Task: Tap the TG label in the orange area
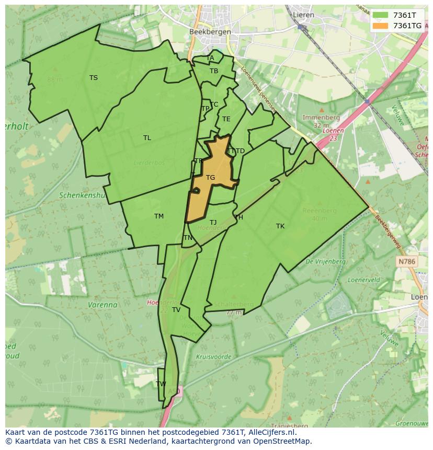pos(210,178)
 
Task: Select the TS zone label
pos(93,78)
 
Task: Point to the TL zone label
pos(147,138)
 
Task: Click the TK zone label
pos(280,226)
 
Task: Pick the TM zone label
pos(159,216)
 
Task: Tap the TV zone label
pos(176,310)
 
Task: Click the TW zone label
pos(161,384)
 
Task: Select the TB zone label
pos(214,71)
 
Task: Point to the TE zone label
pos(226,119)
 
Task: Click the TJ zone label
pos(213,223)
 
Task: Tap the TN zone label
pos(188,238)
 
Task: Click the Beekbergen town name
pos(209,31)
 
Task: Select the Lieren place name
pos(303,15)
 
